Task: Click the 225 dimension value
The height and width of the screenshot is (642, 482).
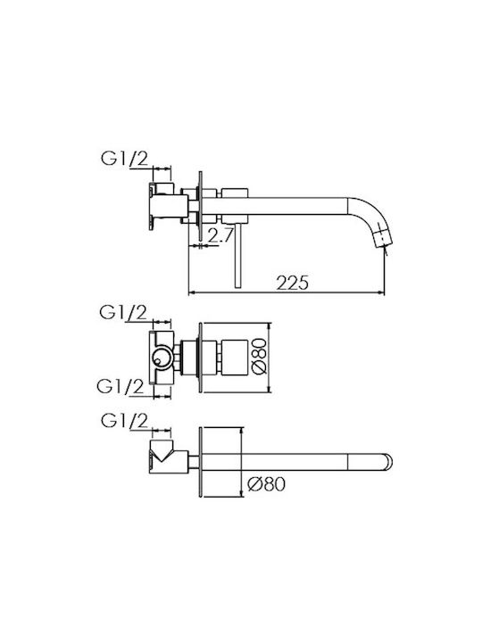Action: (x=292, y=283)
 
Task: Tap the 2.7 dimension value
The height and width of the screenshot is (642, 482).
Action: (x=220, y=235)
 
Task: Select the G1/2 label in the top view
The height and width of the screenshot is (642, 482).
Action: (x=124, y=159)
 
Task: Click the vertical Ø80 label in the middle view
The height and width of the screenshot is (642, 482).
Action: (x=260, y=356)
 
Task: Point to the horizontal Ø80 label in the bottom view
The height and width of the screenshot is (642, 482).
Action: (x=266, y=484)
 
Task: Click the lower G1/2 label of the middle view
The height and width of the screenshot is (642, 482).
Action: (x=120, y=386)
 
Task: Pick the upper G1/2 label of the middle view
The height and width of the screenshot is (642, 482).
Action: (x=123, y=313)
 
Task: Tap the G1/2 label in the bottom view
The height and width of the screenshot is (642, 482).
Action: (x=124, y=421)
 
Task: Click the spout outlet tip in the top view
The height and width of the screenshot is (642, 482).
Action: (x=384, y=243)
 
